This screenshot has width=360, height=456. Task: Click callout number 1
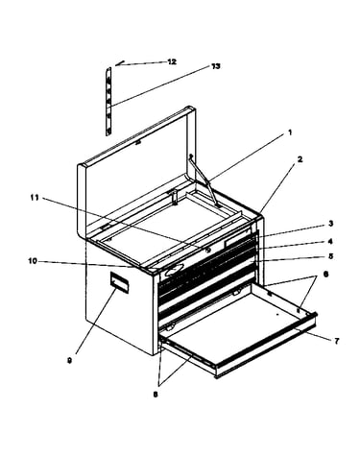coord(290,132)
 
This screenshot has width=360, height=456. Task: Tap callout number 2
coord(300,159)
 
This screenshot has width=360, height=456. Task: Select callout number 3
coord(331,224)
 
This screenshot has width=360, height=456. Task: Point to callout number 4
coord(330,242)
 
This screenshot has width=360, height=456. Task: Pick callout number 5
coord(330,256)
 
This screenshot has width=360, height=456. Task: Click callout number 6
coord(325,275)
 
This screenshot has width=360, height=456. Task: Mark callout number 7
coord(336,342)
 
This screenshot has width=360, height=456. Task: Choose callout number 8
coord(156,395)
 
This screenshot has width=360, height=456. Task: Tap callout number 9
coord(69,361)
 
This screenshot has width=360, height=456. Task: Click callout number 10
coord(33,261)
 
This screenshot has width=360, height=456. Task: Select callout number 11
coord(35,198)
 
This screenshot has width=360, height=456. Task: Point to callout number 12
coord(172,61)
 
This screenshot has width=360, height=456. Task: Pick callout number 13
coord(215,66)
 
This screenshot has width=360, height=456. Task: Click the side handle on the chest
coord(119,283)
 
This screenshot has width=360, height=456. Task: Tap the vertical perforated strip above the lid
coord(108,102)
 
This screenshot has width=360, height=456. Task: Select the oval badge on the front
coord(175,271)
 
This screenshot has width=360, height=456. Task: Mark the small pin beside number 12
coord(120,62)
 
